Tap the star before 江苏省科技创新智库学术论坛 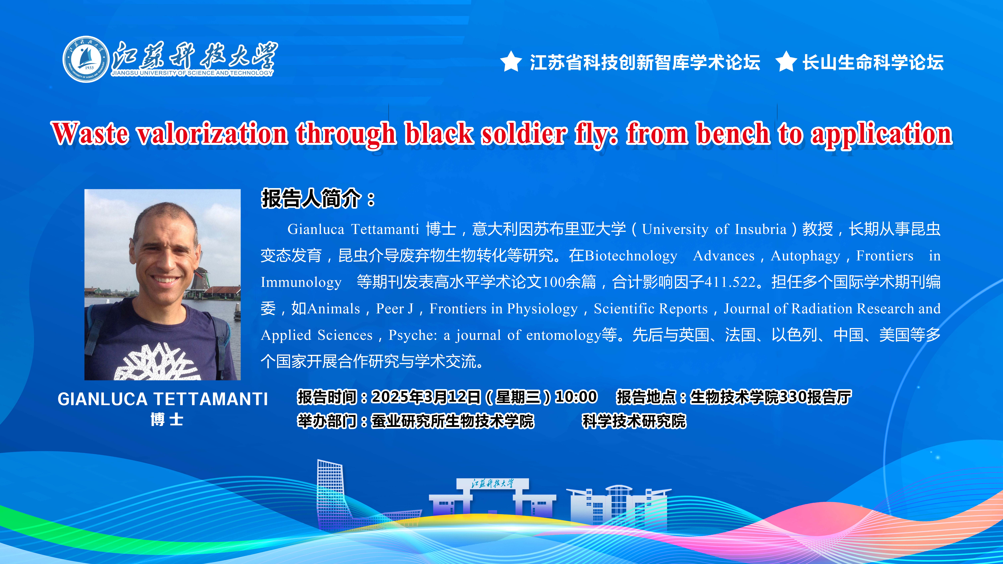511,62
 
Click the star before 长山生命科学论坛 786,62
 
